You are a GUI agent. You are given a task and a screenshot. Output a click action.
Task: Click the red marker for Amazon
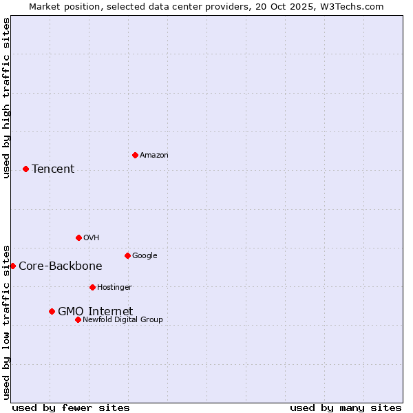click(x=135, y=155)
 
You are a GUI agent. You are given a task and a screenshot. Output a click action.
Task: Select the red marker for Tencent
click(x=25, y=169)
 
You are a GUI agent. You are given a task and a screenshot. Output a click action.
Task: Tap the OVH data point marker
click(x=78, y=237)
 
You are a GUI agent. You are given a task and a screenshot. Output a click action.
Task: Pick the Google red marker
click(x=127, y=255)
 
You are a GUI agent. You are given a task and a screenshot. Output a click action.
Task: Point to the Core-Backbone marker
click(x=12, y=266)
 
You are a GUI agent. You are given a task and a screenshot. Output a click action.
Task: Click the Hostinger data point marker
click(x=92, y=287)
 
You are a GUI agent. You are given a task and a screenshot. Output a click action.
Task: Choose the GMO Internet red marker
click(x=52, y=311)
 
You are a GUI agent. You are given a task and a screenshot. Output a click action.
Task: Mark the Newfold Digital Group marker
click(x=78, y=319)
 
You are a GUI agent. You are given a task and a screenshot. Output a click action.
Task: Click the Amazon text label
click(x=154, y=156)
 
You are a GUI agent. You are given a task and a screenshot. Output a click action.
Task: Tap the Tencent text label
click(x=53, y=169)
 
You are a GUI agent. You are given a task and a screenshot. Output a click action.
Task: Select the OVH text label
click(x=92, y=238)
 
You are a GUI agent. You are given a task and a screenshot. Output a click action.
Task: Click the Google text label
click(x=145, y=256)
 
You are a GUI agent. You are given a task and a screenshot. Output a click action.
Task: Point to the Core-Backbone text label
click(x=61, y=266)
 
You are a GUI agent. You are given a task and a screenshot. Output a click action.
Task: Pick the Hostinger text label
click(x=114, y=288)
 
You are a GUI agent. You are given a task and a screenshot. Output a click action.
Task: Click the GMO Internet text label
click(x=95, y=311)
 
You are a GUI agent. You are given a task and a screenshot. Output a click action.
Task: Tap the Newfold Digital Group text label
click(x=123, y=320)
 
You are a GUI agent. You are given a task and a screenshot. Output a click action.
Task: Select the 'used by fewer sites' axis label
click(x=71, y=407)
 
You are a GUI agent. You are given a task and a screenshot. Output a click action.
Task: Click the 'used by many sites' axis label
click(x=346, y=407)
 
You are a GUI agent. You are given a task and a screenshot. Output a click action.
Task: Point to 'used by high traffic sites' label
click(x=6, y=98)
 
